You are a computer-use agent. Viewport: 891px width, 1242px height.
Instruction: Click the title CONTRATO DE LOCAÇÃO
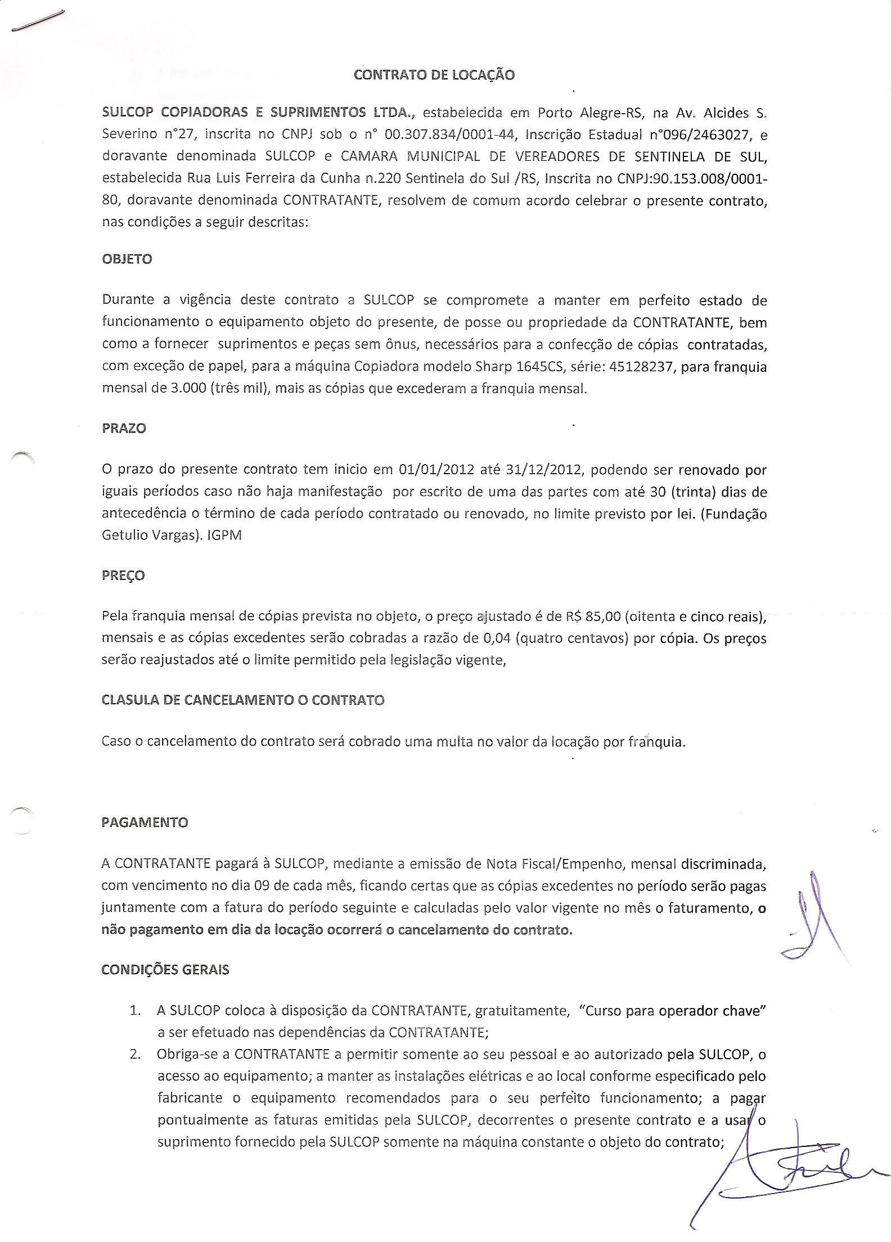point(434,75)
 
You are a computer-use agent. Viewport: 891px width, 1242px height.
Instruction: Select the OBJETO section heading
point(127,259)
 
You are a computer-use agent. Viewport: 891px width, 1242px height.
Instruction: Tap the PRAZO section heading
point(124,428)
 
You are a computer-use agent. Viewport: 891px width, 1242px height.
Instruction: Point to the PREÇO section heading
point(123,575)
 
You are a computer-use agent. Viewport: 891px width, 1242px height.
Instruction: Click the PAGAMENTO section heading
point(145,822)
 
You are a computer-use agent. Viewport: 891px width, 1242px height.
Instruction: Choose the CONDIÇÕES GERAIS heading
point(165,970)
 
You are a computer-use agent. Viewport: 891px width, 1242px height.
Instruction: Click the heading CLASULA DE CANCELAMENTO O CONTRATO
point(243,700)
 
